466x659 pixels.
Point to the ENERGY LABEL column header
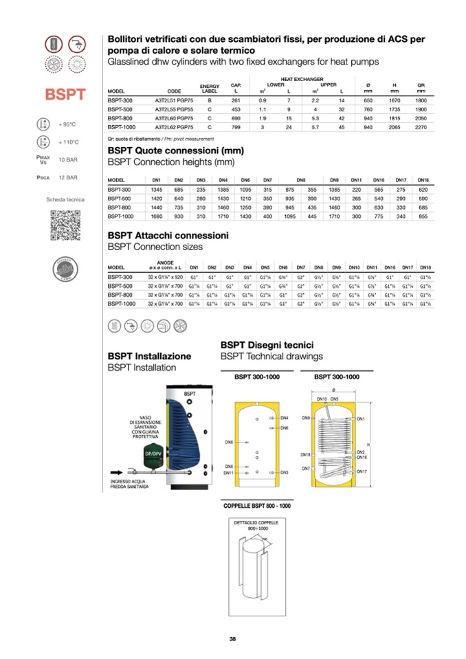click(x=209, y=89)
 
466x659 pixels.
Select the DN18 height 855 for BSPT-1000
click(x=423, y=216)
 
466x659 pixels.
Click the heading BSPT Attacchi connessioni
click(x=168, y=235)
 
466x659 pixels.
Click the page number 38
click(x=233, y=639)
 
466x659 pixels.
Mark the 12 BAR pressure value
click(x=67, y=177)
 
